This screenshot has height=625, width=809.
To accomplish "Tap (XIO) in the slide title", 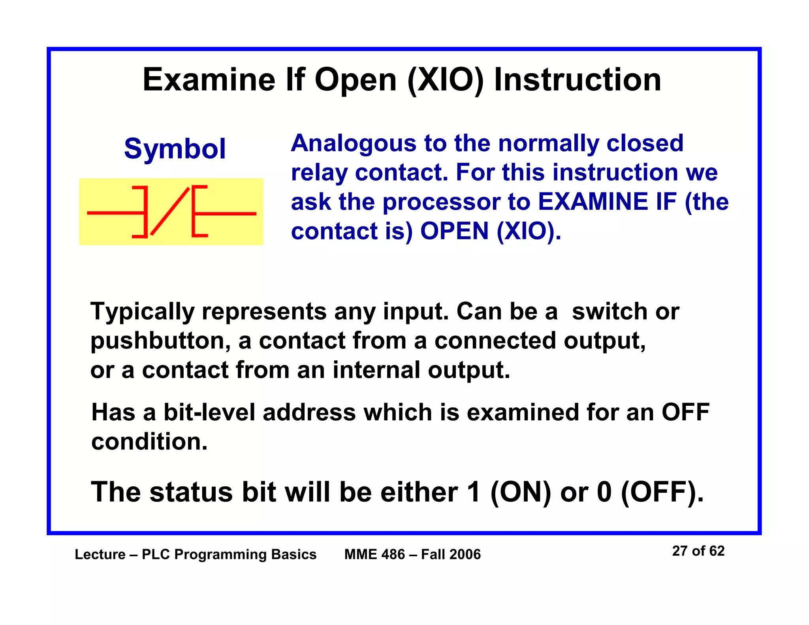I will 446,81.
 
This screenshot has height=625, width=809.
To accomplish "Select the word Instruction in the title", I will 578,80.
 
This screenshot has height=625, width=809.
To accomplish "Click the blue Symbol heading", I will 175,149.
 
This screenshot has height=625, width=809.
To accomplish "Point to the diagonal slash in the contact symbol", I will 170,211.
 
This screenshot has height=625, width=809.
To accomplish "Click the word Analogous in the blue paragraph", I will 353,143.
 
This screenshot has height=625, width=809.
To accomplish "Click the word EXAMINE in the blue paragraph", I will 593,202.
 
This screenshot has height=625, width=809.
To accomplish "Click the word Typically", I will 142,312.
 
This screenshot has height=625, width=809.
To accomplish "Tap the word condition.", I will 149,442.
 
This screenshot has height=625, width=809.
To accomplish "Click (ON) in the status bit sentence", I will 521,493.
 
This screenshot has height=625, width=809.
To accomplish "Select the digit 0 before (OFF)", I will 604,493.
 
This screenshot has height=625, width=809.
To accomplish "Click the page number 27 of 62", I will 698,551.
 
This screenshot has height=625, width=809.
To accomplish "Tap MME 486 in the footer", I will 374,555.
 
